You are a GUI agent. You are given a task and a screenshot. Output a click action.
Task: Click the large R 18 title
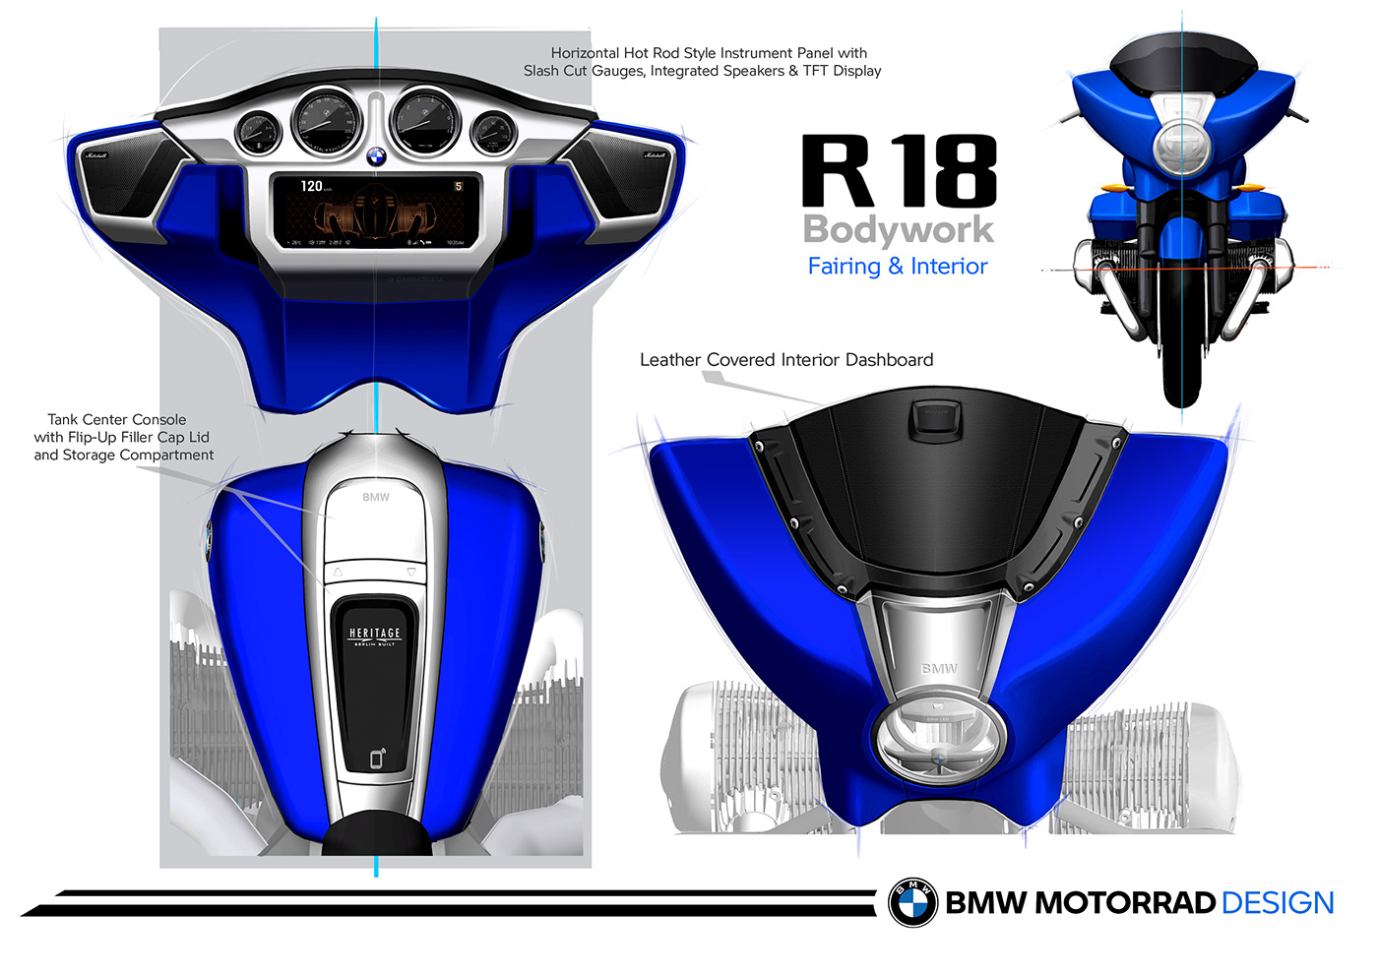(x=899, y=172)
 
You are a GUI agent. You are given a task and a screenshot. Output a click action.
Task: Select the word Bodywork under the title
(x=899, y=230)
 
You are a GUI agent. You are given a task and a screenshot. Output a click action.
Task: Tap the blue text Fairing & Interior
(x=897, y=267)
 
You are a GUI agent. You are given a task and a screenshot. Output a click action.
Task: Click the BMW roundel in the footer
(x=913, y=902)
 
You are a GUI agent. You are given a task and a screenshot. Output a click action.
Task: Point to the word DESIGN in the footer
(x=1278, y=903)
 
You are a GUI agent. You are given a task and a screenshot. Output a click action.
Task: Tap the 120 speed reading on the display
(x=312, y=186)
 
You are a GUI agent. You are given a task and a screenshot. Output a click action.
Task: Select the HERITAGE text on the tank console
(x=375, y=634)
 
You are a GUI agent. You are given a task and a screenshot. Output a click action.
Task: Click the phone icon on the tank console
(x=377, y=759)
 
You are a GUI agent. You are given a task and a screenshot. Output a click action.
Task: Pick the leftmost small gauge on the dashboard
(x=258, y=132)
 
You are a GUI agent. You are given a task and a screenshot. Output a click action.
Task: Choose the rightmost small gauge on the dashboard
(x=493, y=132)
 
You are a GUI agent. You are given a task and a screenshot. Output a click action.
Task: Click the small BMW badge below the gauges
(x=376, y=157)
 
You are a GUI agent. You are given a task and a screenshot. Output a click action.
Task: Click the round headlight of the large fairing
(x=939, y=740)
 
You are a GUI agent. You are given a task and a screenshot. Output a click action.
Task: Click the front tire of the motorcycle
(x=1181, y=335)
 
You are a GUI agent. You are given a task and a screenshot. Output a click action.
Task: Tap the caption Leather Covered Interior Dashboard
(x=786, y=360)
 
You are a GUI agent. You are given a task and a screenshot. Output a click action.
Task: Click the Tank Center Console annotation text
(x=122, y=437)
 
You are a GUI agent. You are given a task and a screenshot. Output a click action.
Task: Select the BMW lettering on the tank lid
(x=376, y=497)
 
